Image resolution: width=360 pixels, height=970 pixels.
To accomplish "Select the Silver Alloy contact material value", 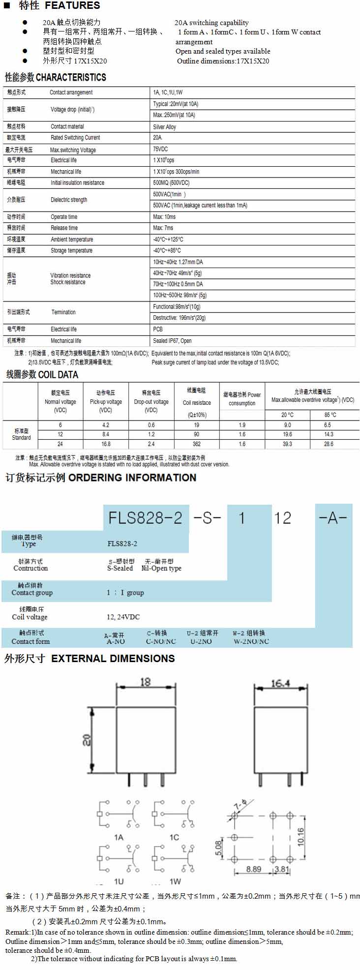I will (164, 127).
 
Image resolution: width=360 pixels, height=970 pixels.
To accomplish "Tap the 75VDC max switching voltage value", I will (160, 149).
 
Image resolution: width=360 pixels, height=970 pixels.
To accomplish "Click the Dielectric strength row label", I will (69, 200).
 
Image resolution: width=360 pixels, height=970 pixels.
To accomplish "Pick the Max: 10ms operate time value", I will (164, 217).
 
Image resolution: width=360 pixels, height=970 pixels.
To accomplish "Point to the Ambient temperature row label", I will (72, 240).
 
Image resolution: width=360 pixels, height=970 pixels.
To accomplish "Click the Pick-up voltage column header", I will (106, 401).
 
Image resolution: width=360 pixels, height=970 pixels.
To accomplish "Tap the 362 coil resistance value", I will (197, 444).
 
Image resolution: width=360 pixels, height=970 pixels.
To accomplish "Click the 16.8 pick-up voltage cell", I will (106, 444).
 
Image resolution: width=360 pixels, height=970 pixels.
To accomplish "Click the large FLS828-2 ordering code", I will (146, 518).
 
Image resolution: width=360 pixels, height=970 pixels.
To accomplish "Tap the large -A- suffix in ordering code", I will (333, 518).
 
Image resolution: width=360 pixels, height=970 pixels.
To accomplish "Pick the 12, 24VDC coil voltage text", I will (123, 617).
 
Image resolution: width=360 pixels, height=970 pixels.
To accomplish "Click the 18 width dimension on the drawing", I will (146, 682).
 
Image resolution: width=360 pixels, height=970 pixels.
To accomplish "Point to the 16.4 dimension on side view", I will (280, 683).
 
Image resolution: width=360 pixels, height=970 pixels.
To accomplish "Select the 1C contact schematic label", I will (174, 837).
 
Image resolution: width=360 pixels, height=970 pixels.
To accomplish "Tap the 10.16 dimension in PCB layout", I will (300, 836).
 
